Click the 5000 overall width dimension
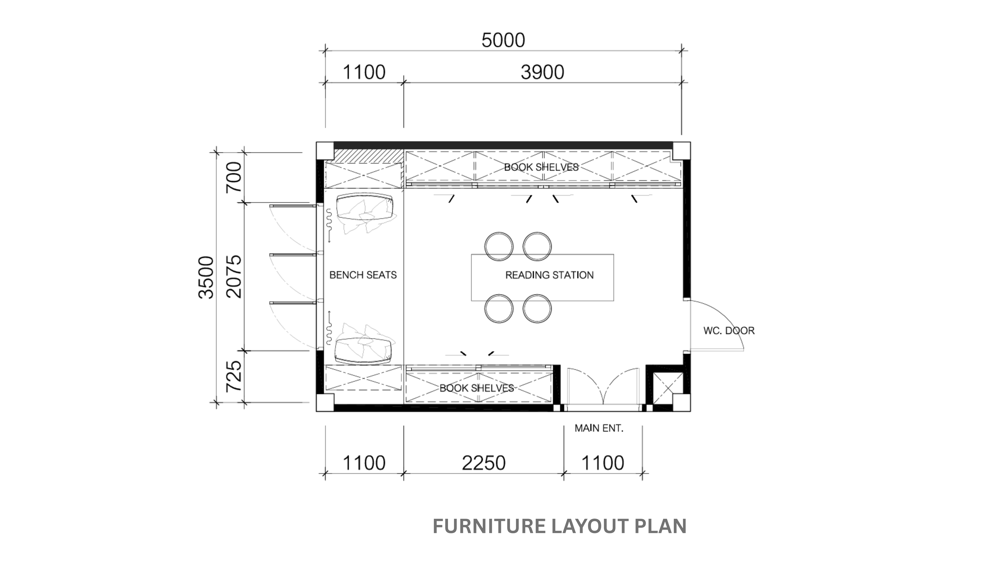pos(503,40)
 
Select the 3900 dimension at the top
pos(542,72)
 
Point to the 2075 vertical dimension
pos(234,276)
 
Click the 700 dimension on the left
pos(234,177)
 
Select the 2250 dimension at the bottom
pos(484,463)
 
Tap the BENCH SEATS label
pos(363,275)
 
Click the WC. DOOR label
pos(729,331)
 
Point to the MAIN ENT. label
pos(599,428)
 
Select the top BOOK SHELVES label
pos(541,167)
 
